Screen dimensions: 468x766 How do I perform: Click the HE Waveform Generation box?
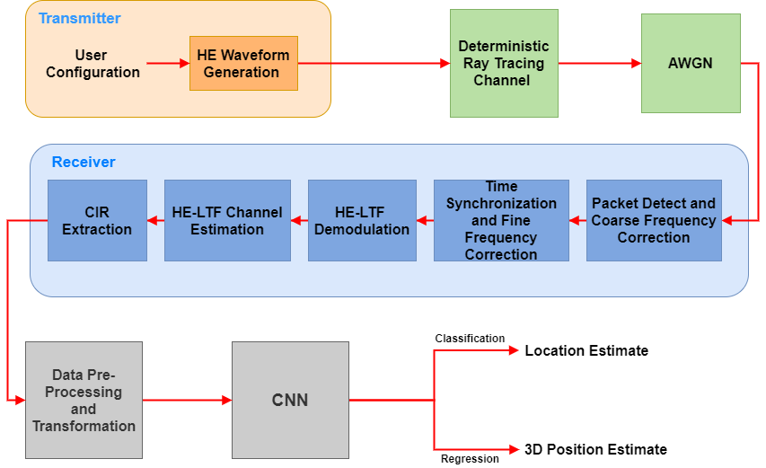point(243,64)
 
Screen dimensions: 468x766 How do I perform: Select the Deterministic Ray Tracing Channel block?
point(503,63)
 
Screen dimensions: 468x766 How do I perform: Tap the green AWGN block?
point(690,63)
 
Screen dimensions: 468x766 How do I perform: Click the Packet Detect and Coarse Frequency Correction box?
point(654,220)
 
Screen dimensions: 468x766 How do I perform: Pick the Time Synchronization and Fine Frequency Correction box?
point(501,220)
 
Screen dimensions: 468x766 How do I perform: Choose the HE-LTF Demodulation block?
point(362,220)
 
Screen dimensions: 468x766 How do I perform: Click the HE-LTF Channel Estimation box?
point(227,220)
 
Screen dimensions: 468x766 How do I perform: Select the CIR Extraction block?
point(97,220)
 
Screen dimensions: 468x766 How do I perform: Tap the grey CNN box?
point(290,400)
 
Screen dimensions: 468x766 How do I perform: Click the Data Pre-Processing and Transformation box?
point(84,400)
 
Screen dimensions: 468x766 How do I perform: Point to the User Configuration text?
point(92,64)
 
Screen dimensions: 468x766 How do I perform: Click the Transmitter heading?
point(79,18)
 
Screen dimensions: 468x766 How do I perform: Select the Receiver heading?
point(84,162)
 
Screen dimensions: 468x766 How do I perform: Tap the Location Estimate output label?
point(586,350)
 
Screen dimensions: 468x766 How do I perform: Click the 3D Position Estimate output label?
point(595,449)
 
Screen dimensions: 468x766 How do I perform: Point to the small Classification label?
point(470,339)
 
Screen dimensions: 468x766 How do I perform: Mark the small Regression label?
point(470,459)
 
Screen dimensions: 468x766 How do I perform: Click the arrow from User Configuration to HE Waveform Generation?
point(167,64)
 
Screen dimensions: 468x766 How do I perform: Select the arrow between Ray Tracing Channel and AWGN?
point(599,63)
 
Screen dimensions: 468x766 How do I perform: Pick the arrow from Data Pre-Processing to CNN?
point(187,400)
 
